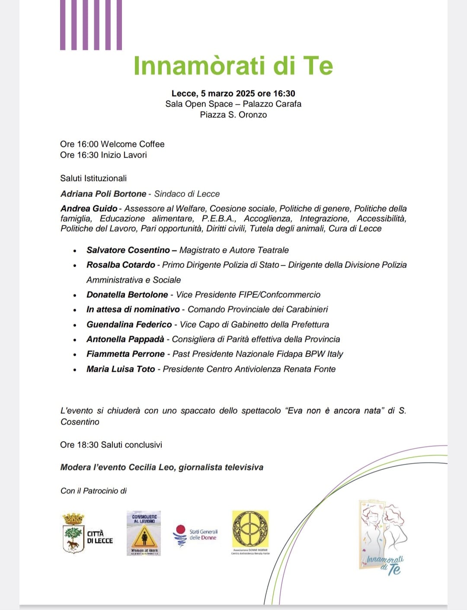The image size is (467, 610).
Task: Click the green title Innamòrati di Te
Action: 233,66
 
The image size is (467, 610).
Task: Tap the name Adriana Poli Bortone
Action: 103,194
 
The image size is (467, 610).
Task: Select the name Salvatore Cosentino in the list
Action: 128,250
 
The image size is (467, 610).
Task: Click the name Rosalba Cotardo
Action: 121,265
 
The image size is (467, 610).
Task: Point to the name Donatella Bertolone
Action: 127,295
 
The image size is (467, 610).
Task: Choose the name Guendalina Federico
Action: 129,324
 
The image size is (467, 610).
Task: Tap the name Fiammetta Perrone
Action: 125,354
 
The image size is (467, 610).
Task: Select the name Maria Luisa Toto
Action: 120,369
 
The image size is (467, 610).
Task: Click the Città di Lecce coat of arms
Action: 73,533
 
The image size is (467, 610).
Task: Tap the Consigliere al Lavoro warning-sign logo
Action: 144,533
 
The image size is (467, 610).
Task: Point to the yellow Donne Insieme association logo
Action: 250,531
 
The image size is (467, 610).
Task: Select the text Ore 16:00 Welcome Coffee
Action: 112,144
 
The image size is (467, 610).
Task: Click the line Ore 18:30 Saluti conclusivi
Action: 111,445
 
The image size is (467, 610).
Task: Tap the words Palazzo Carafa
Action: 272,104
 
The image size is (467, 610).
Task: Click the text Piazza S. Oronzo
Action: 233,115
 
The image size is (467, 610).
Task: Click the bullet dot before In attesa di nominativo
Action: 75,310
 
